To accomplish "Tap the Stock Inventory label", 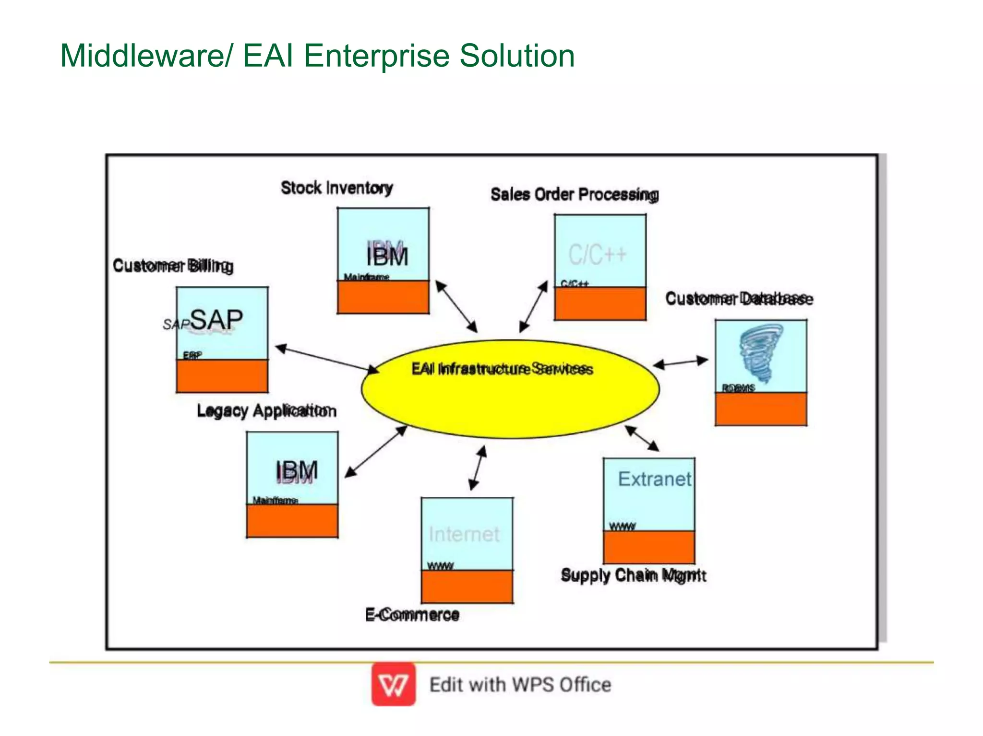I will coord(336,188).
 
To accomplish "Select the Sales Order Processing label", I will coord(574,195).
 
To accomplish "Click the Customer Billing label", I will coord(173,266).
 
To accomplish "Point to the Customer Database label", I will coord(739,299).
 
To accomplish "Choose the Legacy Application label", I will coord(266,411).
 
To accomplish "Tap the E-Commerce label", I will coord(412,615).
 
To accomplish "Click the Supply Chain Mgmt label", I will coord(633,575).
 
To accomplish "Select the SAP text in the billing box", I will coord(216,320).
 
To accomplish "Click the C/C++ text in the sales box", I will coord(597,254).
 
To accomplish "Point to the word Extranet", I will coord(654,479).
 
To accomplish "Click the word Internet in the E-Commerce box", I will coord(464,534).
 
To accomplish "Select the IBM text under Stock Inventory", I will coord(387,256).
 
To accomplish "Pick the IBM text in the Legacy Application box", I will coord(296,471).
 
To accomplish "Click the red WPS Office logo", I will coord(393,684).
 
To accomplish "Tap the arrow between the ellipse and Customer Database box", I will coord(681,362).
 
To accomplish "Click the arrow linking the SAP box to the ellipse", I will coord(326,359).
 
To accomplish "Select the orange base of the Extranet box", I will coord(648,547).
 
